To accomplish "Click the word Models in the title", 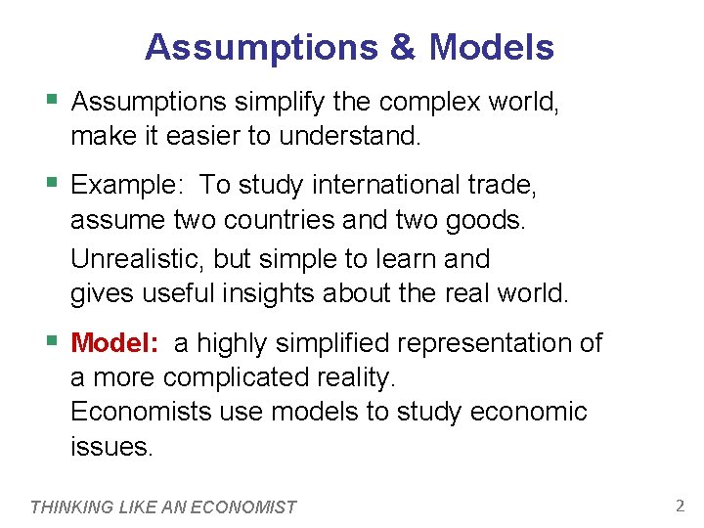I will tap(492, 47).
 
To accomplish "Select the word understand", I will tap(350, 137).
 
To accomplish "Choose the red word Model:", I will tap(114, 343).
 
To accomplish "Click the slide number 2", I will tap(680, 506).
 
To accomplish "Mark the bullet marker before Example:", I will tap(52, 183).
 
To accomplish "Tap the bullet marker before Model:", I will tap(52, 342).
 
